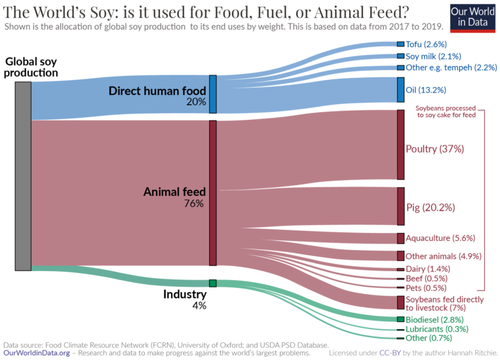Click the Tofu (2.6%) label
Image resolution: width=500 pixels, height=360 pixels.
(x=427, y=46)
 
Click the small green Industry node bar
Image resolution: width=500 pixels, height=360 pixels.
(x=212, y=284)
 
